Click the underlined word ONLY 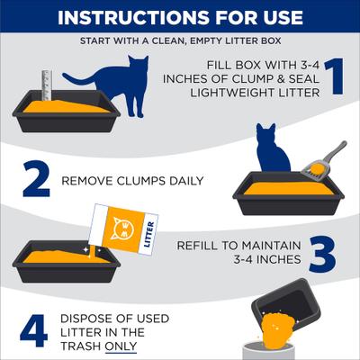[120, 346]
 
